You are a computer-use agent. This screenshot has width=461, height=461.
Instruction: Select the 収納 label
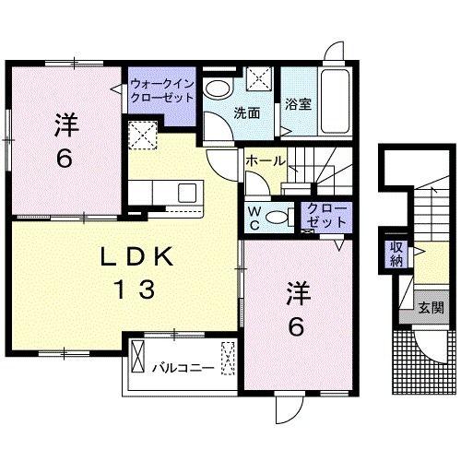(x=396, y=253)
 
